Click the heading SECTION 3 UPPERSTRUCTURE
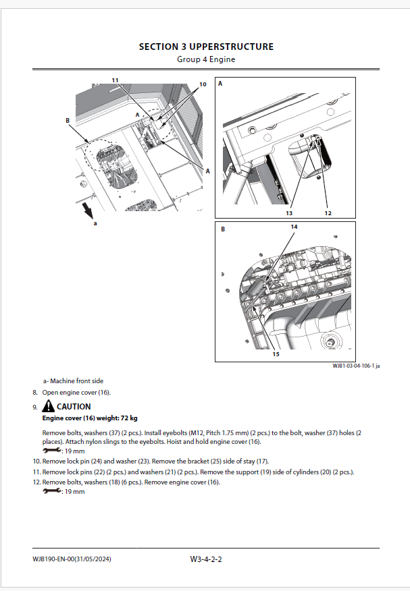click(x=206, y=47)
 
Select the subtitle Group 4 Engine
click(x=206, y=59)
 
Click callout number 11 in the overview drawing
click(x=116, y=80)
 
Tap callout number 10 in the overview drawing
click(x=202, y=86)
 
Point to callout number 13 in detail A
click(x=288, y=213)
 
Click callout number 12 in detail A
click(x=328, y=213)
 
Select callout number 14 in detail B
click(x=294, y=227)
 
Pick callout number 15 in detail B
click(x=276, y=354)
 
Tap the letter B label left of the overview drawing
click(x=68, y=121)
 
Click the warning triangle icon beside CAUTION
click(x=48, y=406)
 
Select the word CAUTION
click(x=74, y=407)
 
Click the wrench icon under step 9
click(x=51, y=450)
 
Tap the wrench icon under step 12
click(x=51, y=491)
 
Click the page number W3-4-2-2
click(x=206, y=559)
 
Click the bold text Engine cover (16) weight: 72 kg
click(x=90, y=418)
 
